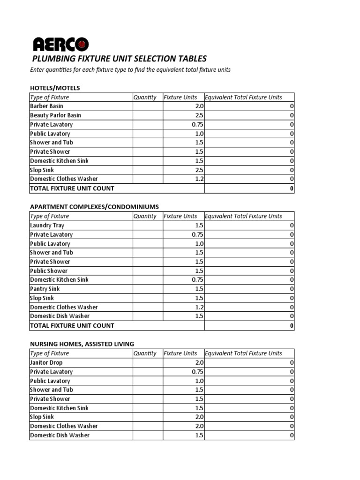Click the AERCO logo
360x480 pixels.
pyautogui.click(x=60, y=45)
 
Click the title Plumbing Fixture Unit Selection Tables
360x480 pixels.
pyautogui.click(x=119, y=59)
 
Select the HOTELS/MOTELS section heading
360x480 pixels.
pyautogui.click(x=55, y=88)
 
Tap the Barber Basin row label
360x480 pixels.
pyautogui.click(x=46, y=106)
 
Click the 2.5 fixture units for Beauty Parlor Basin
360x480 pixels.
pyautogui.click(x=199, y=115)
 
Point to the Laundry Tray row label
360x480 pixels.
pyautogui.click(x=47, y=225)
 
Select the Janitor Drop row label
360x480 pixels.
pyautogui.click(x=46, y=362)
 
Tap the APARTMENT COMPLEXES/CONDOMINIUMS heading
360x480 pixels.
pyautogui.click(x=94, y=207)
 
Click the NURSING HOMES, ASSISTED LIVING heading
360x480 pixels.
pyautogui.click(x=82, y=344)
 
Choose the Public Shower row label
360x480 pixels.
pyautogui.click(x=49, y=270)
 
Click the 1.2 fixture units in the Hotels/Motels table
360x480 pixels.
pyautogui.click(x=199, y=179)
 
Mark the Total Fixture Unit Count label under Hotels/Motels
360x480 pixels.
pyautogui.click(x=72, y=188)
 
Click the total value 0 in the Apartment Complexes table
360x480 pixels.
pyautogui.click(x=292, y=325)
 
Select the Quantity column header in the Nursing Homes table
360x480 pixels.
pyautogui.click(x=145, y=353)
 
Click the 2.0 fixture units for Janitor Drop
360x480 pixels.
pyautogui.click(x=199, y=362)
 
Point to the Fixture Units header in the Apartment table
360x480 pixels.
pyautogui.click(x=180, y=216)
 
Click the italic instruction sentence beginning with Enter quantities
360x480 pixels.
pyautogui.click(x=130, y=70)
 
